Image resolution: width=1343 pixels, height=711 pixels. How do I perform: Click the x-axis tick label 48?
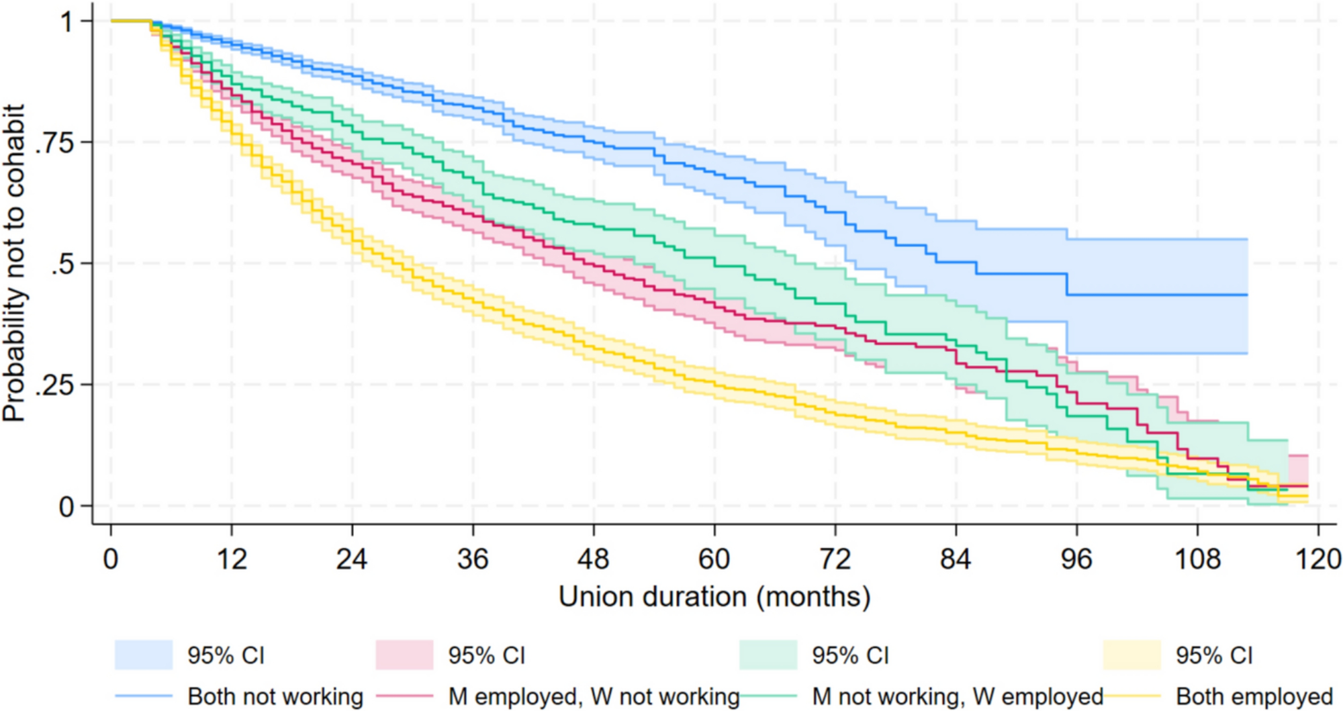point(594,559)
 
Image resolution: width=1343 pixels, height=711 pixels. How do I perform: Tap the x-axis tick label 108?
point(1197,559)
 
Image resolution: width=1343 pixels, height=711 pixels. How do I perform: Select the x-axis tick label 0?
point(111,559)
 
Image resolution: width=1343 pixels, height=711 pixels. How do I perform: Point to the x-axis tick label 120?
point(1318,559)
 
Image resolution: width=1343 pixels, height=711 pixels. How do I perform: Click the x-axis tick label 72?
point(835,559)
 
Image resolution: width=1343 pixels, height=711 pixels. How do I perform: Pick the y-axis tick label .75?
point(55,142)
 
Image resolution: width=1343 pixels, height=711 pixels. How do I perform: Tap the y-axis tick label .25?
point(55,385)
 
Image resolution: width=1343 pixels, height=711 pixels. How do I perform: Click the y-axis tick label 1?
point(67,21)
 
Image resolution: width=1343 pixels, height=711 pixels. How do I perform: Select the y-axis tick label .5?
point(62,264)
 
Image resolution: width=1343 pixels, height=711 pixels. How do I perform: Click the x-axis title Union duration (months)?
point(714,597)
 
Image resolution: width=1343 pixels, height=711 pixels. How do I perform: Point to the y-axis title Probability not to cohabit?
point(15,263)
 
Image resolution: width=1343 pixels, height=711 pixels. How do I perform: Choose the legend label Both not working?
point(275,697)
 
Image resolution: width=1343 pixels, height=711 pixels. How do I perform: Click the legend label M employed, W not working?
point(594,697)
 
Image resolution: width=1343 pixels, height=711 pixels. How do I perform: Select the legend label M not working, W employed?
point(958,697)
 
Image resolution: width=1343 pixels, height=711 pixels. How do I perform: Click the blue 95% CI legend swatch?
point(144,655)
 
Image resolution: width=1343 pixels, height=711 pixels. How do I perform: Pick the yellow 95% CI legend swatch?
point(1131,655)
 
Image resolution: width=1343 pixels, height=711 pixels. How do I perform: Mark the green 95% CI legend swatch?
point(768,655)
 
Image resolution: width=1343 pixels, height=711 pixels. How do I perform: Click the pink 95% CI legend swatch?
point(404,655)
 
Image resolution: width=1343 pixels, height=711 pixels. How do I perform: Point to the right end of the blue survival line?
point(1247,295)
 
